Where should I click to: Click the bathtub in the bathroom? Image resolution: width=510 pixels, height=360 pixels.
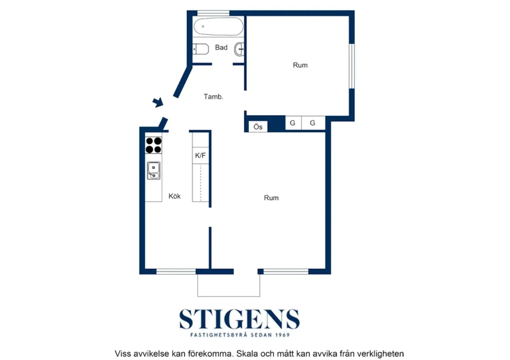coord(219,27)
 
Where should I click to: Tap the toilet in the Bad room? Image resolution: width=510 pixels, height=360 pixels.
coord(200,49)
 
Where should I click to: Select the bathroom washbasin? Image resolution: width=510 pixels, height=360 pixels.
coord(240,49)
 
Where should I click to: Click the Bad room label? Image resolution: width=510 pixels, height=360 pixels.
coord(221,48)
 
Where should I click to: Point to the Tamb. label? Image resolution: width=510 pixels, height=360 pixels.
coord(213,97)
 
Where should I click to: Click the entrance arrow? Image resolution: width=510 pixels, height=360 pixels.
coord(158,102)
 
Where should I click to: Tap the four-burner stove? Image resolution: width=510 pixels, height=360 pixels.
coord(154,145)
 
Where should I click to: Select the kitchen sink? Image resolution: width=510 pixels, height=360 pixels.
coord(153,170)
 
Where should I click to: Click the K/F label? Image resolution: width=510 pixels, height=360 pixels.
coord(200,156)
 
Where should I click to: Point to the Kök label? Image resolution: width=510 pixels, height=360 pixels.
coord(175,196)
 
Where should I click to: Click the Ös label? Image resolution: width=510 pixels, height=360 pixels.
coord(258,127)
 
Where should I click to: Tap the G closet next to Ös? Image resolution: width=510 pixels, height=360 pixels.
coord(293,123)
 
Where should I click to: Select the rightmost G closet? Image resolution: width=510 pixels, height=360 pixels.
coord(313,123)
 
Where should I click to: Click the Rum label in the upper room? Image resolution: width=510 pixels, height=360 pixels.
coord(300,65)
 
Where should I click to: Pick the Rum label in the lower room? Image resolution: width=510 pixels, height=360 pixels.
coord(271,198)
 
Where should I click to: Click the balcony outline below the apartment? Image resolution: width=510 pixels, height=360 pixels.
coord(229,295)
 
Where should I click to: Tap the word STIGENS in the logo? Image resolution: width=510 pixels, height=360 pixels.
coord(239,319)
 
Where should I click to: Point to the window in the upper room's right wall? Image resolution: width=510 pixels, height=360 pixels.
coord(352,66)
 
